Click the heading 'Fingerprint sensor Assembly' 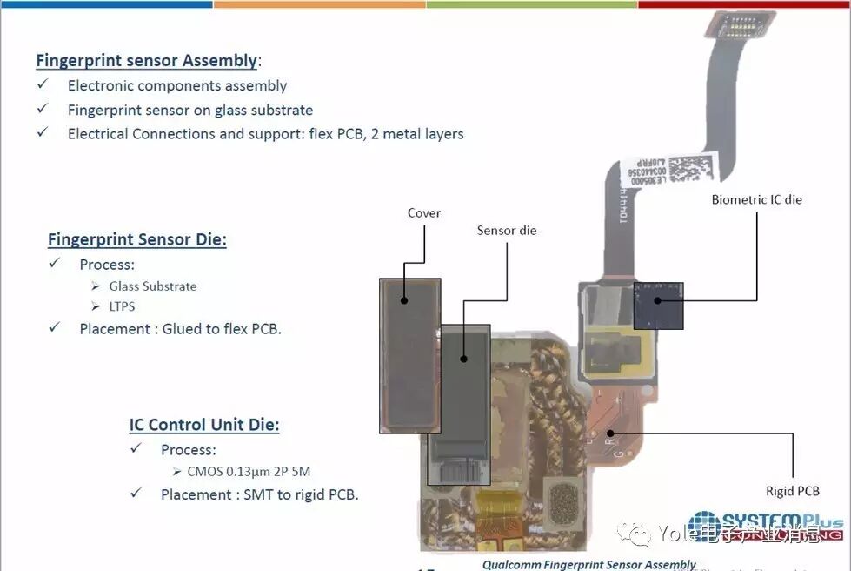click(146, 61)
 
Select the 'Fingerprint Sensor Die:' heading click(136, 239)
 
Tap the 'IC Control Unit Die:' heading click(204, 425)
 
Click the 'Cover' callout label click(424, 212)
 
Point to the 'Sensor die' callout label click(507, 231)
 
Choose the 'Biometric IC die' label click(756, 199)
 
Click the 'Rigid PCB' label click(792, 491)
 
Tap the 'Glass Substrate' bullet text click(153, 285)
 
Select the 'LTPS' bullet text click(122, 306)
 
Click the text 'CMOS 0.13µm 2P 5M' click(249, 472)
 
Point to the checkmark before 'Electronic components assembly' click(43, 84)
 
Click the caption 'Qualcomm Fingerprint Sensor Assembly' click(589, 565)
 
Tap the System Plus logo click(765, 525)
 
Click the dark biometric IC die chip click(658, 305)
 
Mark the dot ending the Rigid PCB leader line click(610, 433)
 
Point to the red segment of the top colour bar click(744, 3)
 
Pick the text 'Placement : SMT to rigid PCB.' click(259, 494)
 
